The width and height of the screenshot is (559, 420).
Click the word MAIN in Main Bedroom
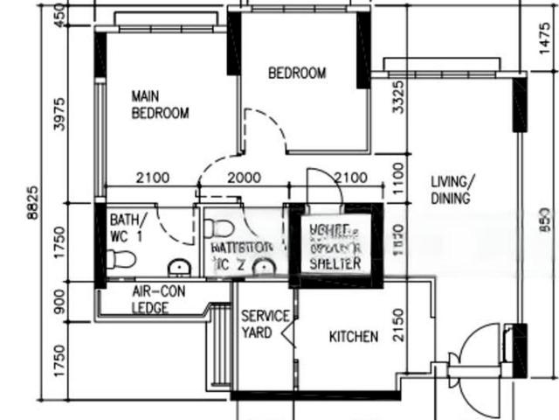click(143, 96)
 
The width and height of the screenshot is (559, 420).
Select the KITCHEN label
click(353, 336)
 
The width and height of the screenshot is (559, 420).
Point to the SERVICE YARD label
click(259, 324)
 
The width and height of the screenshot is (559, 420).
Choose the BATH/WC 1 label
click(128, 227)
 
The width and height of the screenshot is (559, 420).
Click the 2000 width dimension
click(244, 178)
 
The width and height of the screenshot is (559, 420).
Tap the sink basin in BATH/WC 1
click(179, 266)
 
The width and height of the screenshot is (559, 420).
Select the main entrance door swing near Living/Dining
click(480, 350)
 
